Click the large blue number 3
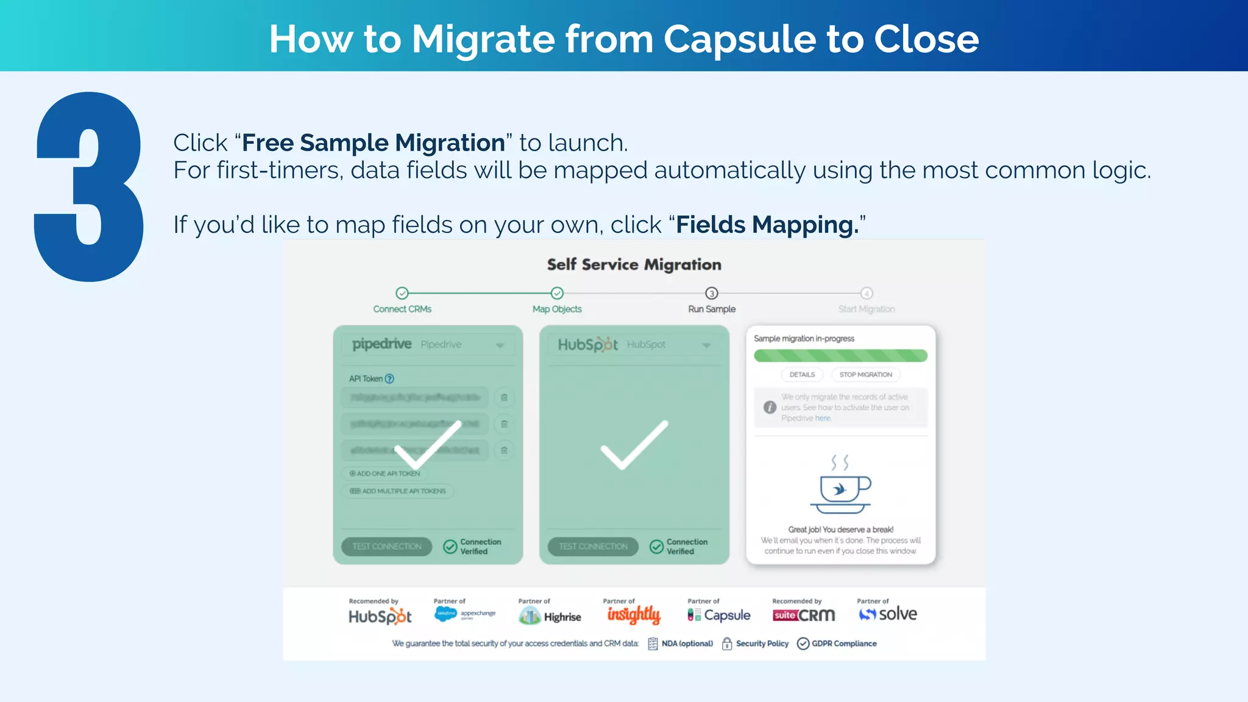89,186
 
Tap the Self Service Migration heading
634,264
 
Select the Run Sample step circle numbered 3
712,293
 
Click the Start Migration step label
866,309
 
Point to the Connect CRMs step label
402,309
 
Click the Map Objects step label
557,309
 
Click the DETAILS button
802,375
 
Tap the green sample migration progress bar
840,355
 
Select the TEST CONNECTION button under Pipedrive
387,547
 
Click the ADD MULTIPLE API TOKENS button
399,491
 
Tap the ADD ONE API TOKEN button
385,473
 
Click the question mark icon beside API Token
390,378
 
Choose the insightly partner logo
634,615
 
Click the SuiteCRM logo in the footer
804,615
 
